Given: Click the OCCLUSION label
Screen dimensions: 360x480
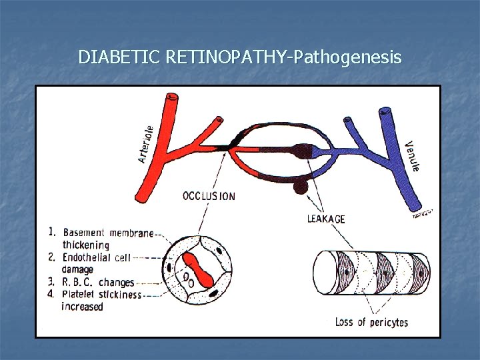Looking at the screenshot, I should click(x=209, y=196).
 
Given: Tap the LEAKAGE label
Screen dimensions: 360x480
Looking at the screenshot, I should click(x=326, y=218).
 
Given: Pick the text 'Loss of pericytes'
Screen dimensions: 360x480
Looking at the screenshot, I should click(x=371, y=322).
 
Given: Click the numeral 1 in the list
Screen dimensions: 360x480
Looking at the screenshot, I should click(x=51, y=232).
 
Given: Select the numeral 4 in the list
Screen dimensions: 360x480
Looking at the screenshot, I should click(x=51, y=293).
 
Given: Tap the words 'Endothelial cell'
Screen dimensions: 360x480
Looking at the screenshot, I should click(x=97, y=257).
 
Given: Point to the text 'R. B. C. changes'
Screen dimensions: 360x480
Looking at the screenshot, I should click(x=99, y=282).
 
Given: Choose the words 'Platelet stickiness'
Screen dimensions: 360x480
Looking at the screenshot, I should click(x=101, y=294).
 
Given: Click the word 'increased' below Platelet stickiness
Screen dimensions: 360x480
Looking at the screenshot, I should click(x=83, y=307).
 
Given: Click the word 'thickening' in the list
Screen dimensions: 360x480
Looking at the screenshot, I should click(x=85, y=245).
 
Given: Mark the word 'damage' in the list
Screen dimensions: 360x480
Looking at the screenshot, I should click(x=78, y=269).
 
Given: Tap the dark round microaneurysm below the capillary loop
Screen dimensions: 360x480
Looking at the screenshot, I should click(x=301, y=187).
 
